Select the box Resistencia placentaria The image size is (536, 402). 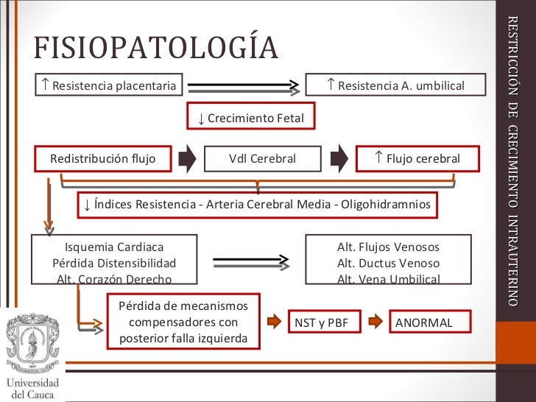pyautogui.click(x=109, y=86)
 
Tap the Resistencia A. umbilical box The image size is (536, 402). pyautogui.click(x=395, y=86)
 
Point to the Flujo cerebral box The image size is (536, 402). pyautogui.click(x=417, y=158)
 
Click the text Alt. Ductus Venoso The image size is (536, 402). pyautogui.click(x=388, y=263)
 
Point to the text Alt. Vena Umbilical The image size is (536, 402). pyautogui.click(x=388, y=279)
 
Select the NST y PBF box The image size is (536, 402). pyautogui.click(x=322, y=322)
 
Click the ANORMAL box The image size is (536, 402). pyautogui.click(x=424, y=322)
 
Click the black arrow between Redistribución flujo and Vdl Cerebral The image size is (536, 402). pyautogui.click(x=188, y=158)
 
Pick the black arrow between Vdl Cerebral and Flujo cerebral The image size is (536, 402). pyautogui.click(x=339, y=158)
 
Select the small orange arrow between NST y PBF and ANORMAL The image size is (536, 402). pyautogui.click(x=375, y=322)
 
